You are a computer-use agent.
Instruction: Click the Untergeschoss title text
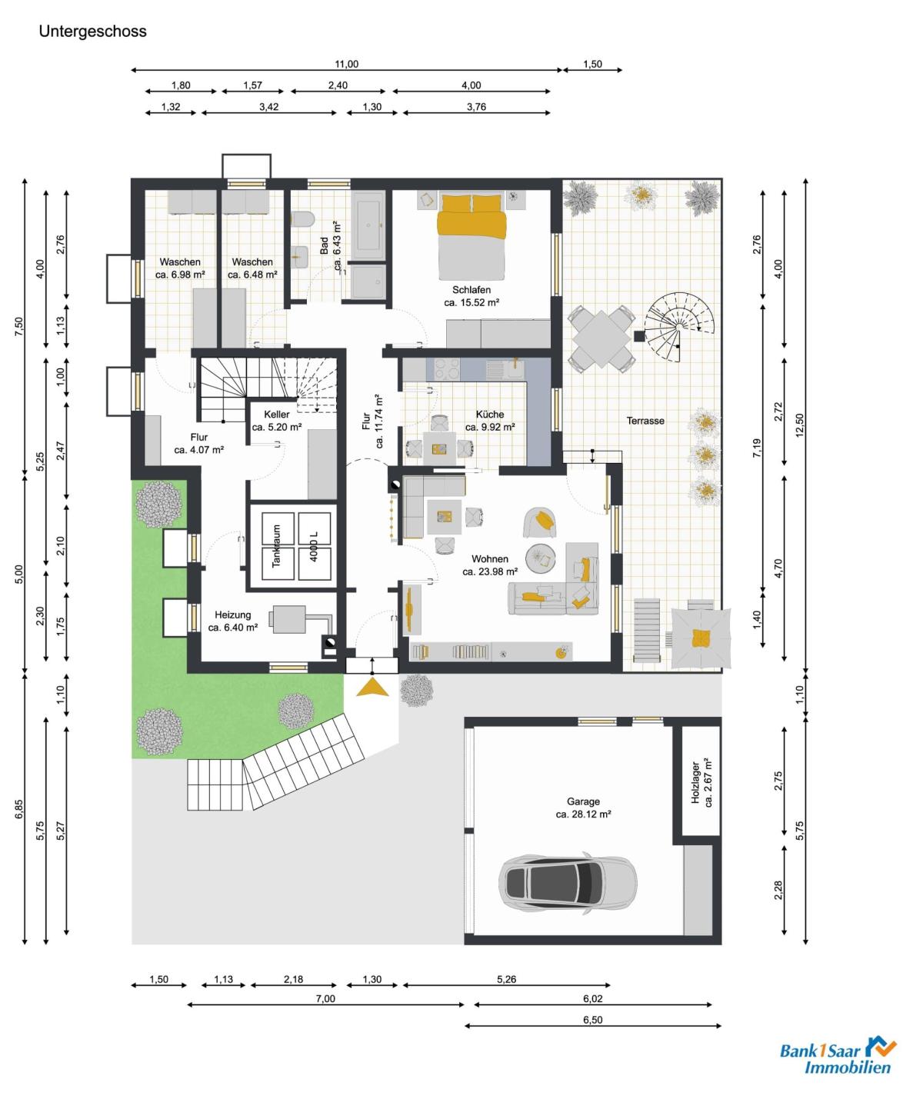click(x=92, y=32)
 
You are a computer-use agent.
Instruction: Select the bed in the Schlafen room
click(x=471, y=237)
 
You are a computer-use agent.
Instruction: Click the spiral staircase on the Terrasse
click(x=680, y=328)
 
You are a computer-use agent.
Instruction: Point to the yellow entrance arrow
click(x=372, y=688)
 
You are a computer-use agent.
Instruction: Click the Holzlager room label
click(x=701, y=782)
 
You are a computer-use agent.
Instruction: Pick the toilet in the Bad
click(x=303, y=219)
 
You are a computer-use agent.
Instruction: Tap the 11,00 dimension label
click(x=346, y=64)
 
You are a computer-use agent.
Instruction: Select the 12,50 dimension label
click(x=800, y=425)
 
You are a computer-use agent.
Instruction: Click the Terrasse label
click(x=645, y=421)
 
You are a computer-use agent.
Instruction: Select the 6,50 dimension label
click(x=592, y=1020)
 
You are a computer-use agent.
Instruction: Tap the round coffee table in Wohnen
click(x=541, y=558)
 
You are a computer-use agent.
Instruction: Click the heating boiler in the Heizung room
click(x=288, y=619)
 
